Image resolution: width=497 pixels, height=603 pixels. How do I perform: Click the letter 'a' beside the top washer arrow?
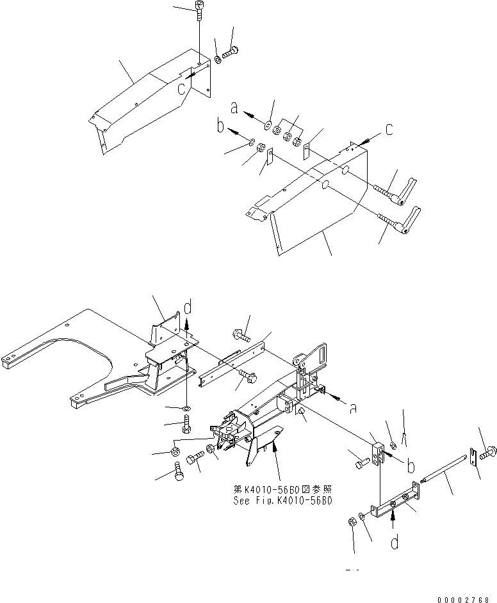(x=235, y=109)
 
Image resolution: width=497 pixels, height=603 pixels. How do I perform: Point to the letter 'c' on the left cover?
(x=183, y=87)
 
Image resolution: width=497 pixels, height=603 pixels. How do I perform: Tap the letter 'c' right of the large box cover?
(x=387, y=130)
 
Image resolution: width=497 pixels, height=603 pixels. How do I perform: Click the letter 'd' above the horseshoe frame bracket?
(x=187, y=309)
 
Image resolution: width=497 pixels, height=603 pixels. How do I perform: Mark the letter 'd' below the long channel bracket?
(x=395, y=543)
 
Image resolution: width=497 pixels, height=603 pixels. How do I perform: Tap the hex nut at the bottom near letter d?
(x=352, y=522)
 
